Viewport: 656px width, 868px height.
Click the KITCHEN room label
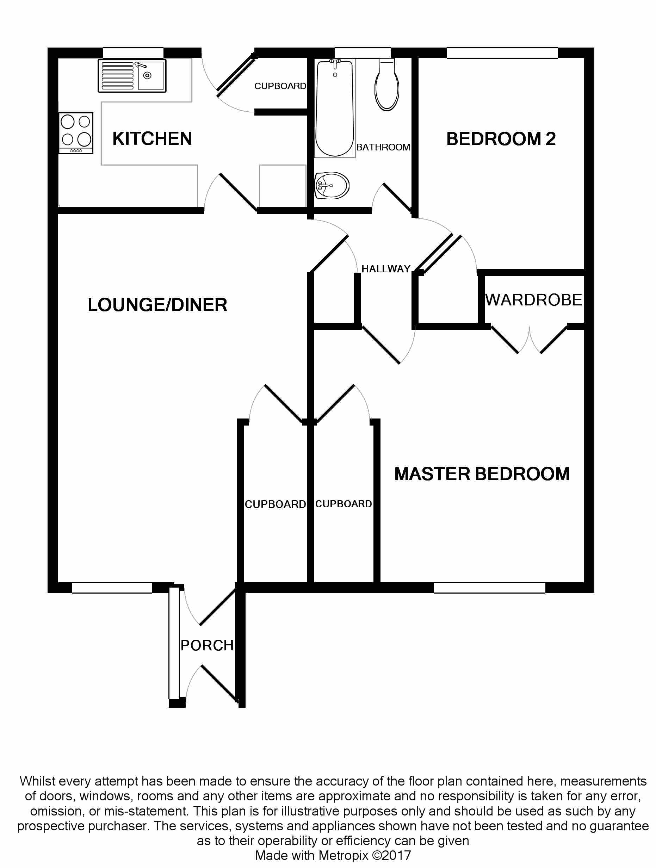(x=152, y=138)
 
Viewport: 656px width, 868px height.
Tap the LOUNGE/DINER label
(x=157, y=305)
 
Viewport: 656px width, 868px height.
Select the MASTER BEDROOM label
(x=482, y=474)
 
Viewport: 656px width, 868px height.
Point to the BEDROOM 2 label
(x=501, y=139)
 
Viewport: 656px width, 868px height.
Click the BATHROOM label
(x=383, y=147)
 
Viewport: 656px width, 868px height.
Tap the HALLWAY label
(x=386, y=269)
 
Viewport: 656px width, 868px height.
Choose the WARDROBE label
(x=534, y=300)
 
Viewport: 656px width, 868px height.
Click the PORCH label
(x=207, y=645)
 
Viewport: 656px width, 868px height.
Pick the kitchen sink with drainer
(x=132, y=76)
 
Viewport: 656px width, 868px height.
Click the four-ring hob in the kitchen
(x=76, y=133)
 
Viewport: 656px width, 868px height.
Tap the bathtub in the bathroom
(x=335, y=107)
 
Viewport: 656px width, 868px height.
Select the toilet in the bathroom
(x=387, y=86)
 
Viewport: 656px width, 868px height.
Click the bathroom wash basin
(x=332, y=185)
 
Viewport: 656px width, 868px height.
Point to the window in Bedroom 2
(x=502, y=53)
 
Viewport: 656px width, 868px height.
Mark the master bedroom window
(x=489, y=588)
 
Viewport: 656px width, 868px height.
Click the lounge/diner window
(x=112, y=588)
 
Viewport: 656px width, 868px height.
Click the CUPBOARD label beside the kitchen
(x=280, y=86)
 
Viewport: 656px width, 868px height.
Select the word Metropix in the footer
(x=343, y=855)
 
